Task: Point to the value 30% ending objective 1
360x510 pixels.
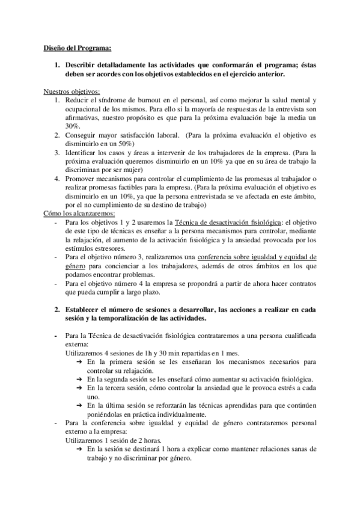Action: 73,126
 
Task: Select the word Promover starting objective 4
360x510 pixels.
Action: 81,179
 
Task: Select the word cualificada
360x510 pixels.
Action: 294,336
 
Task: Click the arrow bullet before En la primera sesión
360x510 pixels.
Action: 80,362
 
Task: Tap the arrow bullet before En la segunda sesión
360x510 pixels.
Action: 80,379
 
